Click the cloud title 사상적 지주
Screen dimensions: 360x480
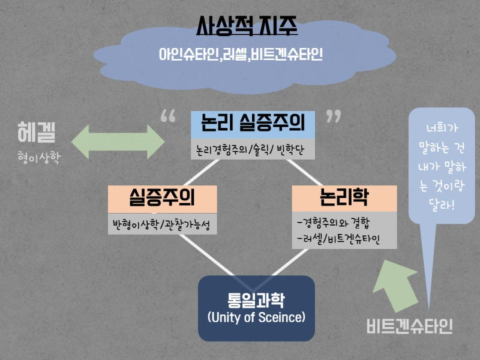tap(247, 26)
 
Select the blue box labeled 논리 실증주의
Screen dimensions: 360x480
tap(252, 124)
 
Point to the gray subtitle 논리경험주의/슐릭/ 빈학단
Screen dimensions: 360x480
tap(252, 149)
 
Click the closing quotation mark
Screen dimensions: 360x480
tap(334, 116)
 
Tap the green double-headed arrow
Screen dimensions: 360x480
tap(118, 142)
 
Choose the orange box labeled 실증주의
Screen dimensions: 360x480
tap(162, 198)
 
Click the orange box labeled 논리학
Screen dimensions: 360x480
tap(344, 198)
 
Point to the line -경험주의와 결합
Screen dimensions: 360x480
tap(336, 224)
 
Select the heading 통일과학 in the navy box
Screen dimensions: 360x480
tap(256, 299)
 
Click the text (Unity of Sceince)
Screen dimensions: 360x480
tap(256, 317)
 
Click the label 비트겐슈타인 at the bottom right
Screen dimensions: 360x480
tap(409, 326)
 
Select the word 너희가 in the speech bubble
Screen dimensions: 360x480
tap(441, 128)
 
